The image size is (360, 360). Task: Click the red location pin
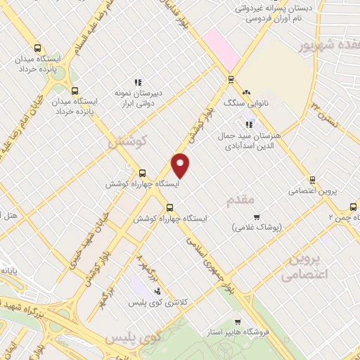click(181, 165)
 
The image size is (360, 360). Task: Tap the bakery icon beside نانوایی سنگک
click(246, 92)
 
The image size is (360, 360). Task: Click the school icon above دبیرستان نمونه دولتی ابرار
click(138, 82)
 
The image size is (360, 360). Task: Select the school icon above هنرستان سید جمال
click(249, 124)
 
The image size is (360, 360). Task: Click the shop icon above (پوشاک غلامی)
click(256, 217)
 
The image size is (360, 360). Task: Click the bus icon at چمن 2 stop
click(352, 207)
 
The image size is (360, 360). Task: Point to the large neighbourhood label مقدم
click(240, 200)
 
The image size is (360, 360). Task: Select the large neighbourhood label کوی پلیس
click(133, 339)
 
